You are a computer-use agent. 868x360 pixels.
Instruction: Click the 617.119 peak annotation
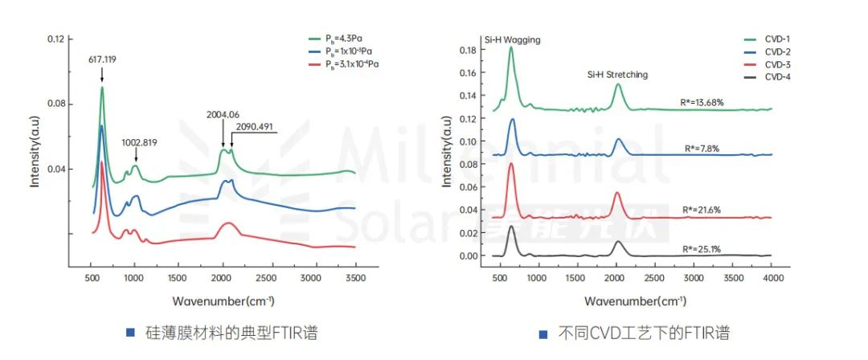(x=102, y=59)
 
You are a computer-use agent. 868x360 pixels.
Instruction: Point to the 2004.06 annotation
(x=224, y=114)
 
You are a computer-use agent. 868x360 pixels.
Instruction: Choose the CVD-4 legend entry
(x=776, y=76)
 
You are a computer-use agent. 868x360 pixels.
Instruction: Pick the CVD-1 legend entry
(x=776, y=39)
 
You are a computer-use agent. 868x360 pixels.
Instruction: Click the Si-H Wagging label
(x=513, y=39)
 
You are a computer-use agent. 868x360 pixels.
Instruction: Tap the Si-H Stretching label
(x=616, y=75)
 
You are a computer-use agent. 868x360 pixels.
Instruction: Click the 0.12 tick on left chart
(x=55, y=39)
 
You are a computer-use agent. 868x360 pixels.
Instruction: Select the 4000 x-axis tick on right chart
(x=772, y=277)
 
